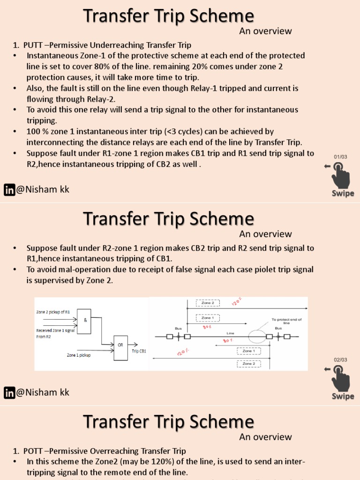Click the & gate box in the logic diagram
[x=84, y=321]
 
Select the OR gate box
[x=120, y=348]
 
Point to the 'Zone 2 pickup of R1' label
[x=53, y=312]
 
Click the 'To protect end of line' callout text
[x=286, y=321]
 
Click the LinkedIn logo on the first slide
[x=9, y=190]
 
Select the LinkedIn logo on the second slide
[x=9, y=393]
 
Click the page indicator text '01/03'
[x=341, y=157]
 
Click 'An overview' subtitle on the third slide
[x=265, y=437]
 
